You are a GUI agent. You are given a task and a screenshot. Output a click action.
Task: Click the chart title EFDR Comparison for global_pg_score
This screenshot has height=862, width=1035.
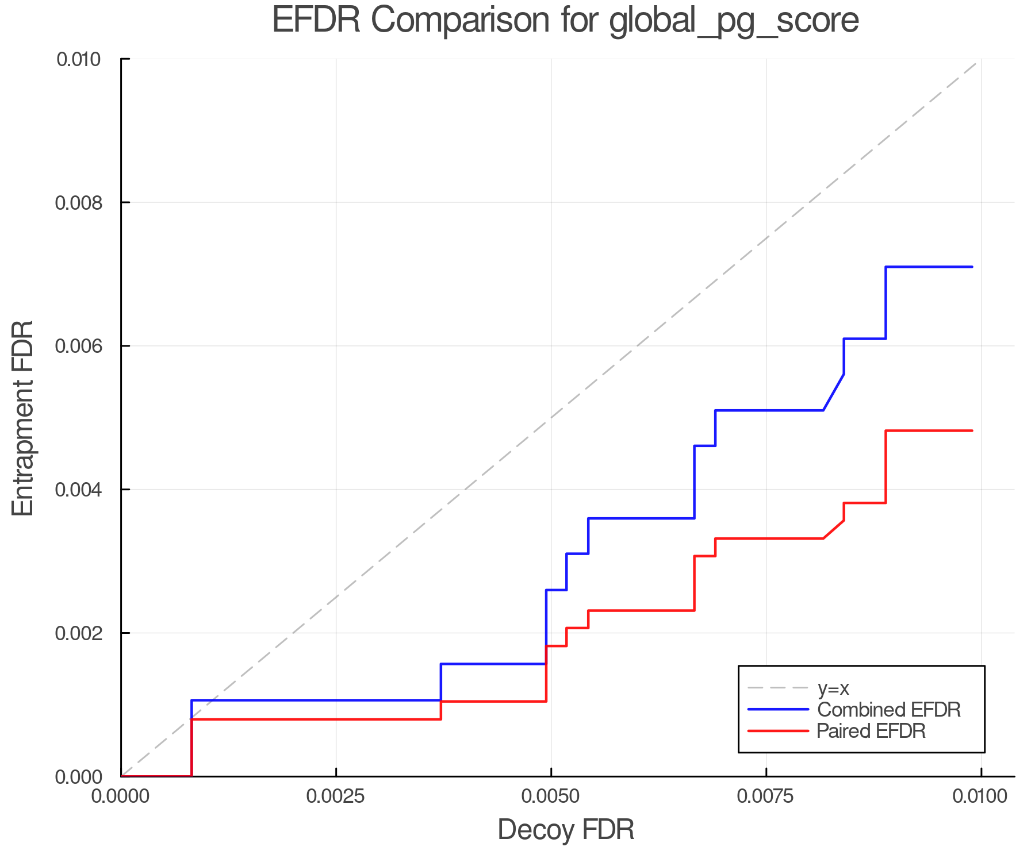pos(565,20)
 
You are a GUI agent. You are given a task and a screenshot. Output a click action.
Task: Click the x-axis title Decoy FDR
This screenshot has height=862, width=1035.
pos(566,829)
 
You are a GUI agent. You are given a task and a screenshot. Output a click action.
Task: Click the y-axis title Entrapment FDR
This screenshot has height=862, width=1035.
pos(24,418)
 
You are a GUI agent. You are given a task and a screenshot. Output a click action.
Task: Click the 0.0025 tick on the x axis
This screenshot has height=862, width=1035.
pos(336,796)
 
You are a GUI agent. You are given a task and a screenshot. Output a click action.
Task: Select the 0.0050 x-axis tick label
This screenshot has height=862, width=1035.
pos(551,796)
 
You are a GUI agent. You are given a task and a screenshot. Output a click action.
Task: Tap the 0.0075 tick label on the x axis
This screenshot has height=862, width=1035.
pos(766,796)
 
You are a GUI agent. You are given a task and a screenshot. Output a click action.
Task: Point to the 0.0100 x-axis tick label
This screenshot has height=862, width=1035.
pos(980,796)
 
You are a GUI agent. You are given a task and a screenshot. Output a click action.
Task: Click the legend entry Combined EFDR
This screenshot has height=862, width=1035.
pos(888,710)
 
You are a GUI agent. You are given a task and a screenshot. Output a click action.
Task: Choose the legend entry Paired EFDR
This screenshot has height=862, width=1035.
pos(871,731)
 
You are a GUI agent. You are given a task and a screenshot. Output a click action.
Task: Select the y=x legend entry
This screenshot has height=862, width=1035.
pos(833,688)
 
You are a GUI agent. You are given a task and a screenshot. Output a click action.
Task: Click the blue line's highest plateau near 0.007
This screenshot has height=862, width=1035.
pos(929,267)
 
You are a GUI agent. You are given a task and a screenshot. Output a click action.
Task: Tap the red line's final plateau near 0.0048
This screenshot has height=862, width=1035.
pos(929,431)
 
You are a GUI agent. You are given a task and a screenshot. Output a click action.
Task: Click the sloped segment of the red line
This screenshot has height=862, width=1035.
pos(834,530)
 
